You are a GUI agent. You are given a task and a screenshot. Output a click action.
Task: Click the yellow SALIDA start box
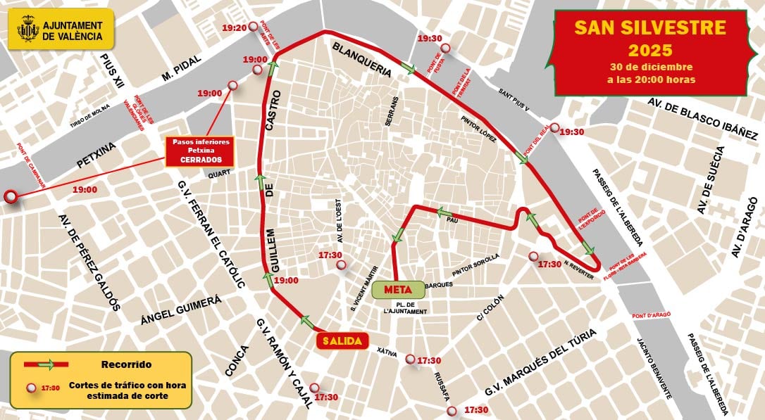click(x=342, y=341)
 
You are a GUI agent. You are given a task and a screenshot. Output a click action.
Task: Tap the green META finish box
click(x=399, y=289)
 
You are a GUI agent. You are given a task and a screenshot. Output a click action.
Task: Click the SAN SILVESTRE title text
click(x=649, y=27)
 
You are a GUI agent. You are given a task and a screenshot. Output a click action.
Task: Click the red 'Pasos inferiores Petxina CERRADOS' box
click(x=199, y=151)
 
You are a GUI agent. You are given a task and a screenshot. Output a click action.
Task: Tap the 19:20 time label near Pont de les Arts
click(x=235, y=28)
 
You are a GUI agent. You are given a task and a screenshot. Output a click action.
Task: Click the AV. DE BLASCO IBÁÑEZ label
click(x=702, y=118)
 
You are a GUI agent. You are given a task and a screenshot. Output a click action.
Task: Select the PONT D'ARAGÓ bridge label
click(x=652, y=314)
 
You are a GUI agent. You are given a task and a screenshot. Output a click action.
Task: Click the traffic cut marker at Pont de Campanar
click(x=11, y=198)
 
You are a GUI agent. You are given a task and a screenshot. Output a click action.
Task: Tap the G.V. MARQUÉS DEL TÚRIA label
click(x=541, y=363)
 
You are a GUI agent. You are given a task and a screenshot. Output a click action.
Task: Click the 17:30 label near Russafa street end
click(x=476, y=410)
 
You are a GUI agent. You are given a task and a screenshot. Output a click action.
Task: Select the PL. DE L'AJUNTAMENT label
click(x=405, y=307)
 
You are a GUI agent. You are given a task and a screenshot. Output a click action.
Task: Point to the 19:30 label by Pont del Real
click(x=572, y=132)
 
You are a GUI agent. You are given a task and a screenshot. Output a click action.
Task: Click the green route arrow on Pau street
click(x=444, y=212)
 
